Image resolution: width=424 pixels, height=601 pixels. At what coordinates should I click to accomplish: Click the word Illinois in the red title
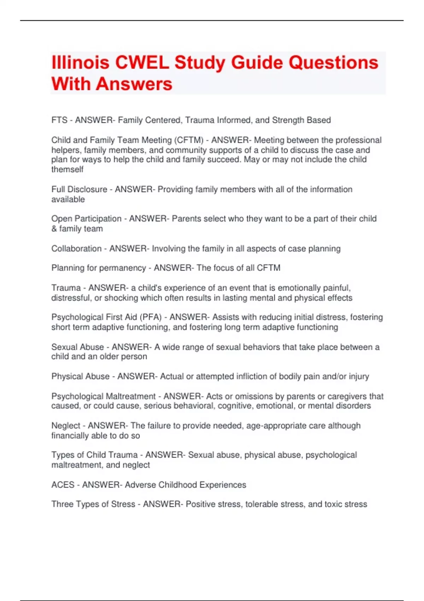80,63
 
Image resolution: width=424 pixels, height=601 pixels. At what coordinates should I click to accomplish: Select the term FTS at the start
59,120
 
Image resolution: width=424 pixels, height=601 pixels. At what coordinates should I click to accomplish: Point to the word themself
67,169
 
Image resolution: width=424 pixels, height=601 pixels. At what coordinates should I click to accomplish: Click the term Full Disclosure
79,189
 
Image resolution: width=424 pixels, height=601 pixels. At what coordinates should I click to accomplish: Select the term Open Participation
86,219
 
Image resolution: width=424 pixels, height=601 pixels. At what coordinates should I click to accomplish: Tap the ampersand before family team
54,229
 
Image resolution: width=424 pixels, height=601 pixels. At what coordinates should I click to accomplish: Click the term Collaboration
76,249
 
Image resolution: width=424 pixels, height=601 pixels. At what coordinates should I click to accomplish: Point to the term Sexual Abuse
77,347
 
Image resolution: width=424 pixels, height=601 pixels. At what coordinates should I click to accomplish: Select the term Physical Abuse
80,377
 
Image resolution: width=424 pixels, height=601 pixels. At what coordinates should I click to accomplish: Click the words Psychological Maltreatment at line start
103,396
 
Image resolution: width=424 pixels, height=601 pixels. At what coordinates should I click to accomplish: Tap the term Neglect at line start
66,426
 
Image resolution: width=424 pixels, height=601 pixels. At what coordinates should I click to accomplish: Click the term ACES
63,485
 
